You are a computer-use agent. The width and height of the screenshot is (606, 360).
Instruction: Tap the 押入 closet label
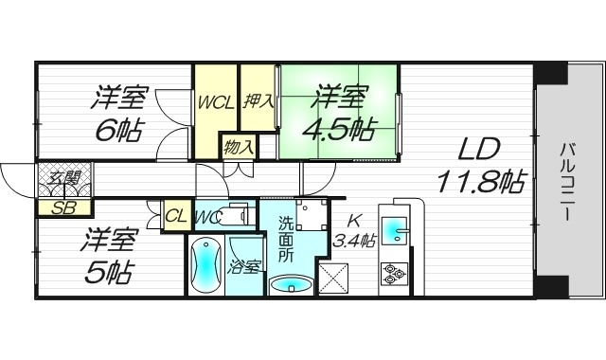[258, 99]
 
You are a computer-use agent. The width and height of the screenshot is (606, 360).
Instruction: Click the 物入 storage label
[239, 147]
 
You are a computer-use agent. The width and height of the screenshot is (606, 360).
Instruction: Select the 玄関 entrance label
[64, 178]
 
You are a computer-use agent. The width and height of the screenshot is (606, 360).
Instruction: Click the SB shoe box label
[64, 207]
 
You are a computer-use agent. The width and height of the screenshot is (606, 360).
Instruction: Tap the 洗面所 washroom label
[287, 239]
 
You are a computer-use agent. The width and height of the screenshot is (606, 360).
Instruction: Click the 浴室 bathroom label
[244, 267]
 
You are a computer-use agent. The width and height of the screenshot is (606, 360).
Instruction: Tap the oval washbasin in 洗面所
[290, 285]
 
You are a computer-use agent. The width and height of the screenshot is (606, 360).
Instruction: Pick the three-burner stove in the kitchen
[394, 275]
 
